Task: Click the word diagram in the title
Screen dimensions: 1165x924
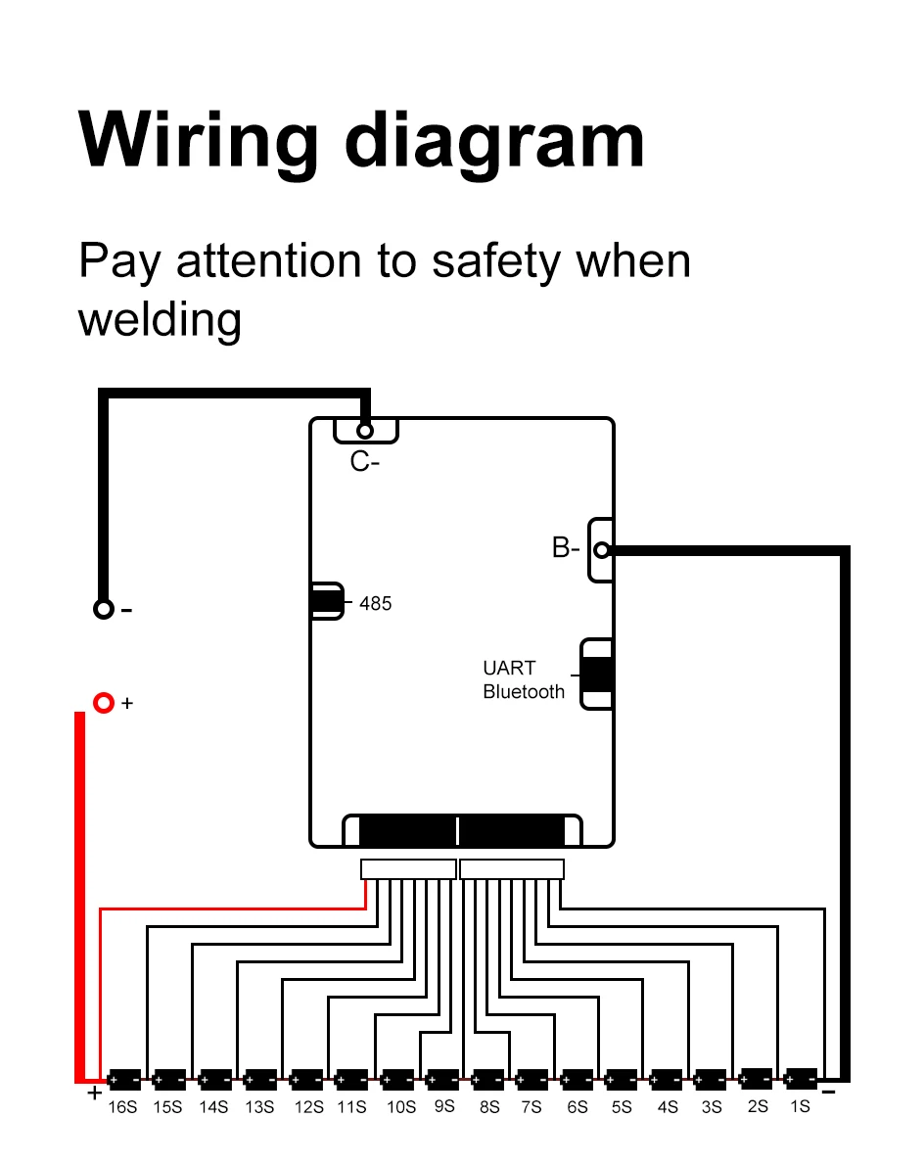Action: point(494,142)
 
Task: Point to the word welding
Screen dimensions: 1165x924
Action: point(160,319)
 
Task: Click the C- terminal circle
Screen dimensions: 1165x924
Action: point(365,431)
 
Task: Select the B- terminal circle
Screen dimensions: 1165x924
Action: point(602,550)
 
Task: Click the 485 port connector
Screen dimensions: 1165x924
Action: point(327,601)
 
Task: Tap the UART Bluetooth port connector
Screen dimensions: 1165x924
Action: point(597,675)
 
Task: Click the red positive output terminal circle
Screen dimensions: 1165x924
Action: point(104,703)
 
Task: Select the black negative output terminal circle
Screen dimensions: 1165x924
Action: point(103,609)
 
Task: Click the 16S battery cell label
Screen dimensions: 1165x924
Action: point(123,1107)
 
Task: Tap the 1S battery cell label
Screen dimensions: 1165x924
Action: point(801,1106)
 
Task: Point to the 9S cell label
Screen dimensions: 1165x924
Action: point(443,1106)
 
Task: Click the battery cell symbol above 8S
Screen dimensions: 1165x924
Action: point(487,1080)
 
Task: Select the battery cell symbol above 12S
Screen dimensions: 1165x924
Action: point(306,1080)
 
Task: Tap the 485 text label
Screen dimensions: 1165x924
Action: point(375,604)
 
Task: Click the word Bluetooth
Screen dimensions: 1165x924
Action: point(524,692)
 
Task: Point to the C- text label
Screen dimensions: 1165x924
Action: point(365,462)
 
